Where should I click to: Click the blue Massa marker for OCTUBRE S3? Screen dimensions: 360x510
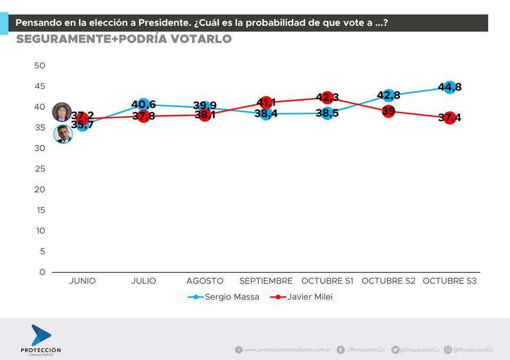pyautogui.click(x=449, y=87)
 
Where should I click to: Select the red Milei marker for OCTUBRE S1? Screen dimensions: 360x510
pyautogui.click(x=327, y=98)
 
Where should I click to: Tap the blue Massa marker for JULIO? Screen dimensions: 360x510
pyautogui.click(x=143, y=105)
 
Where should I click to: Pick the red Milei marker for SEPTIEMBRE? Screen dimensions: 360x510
pyautogui.click(x=266, y=102)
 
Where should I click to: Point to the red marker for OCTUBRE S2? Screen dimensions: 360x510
pyautogui.click(x=388, y=111)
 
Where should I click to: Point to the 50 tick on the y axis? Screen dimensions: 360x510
pyautogui.click(x=40, y=65)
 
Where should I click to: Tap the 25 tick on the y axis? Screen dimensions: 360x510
pyautogui.click(x=40, y=169)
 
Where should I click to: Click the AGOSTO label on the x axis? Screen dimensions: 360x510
pyautogui.click(x=205, y=281)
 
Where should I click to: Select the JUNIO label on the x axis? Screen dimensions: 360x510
pyautogui.click(x=82, y=281)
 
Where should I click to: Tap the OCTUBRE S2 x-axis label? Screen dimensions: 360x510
pyautogui.click(x=388, y=281)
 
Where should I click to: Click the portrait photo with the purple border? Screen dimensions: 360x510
pyautogui.click(x=62, y=113)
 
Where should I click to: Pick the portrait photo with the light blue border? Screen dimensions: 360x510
pyautogui.click(x=63, y=134)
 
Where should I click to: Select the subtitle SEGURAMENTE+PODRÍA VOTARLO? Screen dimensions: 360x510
pyautogui.click(x=124, y=39)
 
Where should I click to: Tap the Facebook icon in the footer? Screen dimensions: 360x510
pyautogui.click(x=341, y=349)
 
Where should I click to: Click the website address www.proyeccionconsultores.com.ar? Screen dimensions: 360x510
pyautogui.click(x=287, y=350)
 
